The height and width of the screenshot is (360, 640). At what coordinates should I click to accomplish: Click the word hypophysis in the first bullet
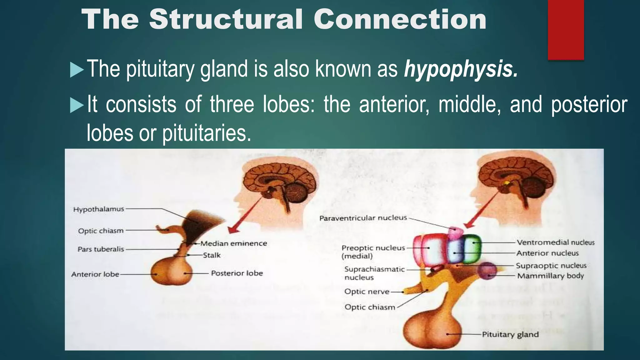(x=461, y=69)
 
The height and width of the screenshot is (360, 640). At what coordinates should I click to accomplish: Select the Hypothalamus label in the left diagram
(x=99, y=209)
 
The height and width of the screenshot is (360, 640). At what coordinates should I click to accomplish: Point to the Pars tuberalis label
(x=101, y=249)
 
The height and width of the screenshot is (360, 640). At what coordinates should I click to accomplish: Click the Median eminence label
(x=234, y=243)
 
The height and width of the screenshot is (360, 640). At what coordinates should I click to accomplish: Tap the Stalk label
(x=212, y=255)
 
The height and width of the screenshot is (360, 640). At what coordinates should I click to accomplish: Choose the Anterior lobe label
(x=95, y=274)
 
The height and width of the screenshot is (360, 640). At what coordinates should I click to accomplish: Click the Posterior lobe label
(x=237, y=273)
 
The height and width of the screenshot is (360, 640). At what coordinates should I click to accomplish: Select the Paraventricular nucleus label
(x=363, y=218)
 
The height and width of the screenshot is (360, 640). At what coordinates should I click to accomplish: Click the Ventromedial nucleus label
(x=555, y=242)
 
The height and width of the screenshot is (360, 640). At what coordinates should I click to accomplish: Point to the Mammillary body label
(x=550, y=276)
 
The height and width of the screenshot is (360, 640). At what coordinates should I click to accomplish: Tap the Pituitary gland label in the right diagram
(x=510, y=334)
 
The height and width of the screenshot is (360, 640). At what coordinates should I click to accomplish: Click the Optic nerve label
(x=367, y=292)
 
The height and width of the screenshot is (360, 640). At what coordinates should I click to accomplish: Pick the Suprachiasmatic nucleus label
(x=374, y=273)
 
